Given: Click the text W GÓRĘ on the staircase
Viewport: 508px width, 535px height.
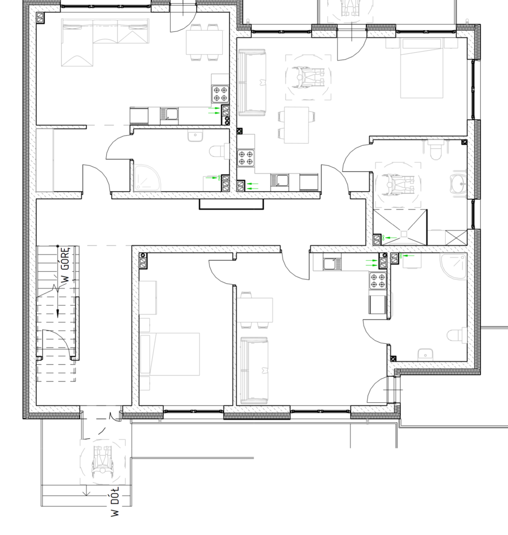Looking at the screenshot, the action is (66, 265).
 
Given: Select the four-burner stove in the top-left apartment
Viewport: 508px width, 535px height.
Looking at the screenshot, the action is (220, 94).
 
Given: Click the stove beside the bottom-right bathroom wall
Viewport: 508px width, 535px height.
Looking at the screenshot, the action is (378, 281).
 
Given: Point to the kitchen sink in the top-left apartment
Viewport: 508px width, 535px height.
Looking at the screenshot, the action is (169, 114).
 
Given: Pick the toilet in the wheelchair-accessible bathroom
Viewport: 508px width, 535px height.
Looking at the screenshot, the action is (436, 150).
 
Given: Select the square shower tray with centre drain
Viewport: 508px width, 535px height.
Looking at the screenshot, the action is (400, 227).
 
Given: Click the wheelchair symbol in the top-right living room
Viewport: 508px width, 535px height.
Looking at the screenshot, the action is (309, 78).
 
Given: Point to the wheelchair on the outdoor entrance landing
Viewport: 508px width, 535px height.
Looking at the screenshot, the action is (103, 462).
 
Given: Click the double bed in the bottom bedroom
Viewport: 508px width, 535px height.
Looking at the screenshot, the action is (170, 354).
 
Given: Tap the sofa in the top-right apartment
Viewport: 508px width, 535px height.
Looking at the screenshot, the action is (252, 82).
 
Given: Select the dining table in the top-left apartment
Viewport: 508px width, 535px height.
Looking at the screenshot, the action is (202, 42).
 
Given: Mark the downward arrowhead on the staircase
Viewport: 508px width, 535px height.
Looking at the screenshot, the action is (58, 313).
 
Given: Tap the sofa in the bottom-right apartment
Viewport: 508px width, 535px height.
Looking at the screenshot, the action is (254, 370).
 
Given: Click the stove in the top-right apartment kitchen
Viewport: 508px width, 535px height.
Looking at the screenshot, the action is (246, 158).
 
